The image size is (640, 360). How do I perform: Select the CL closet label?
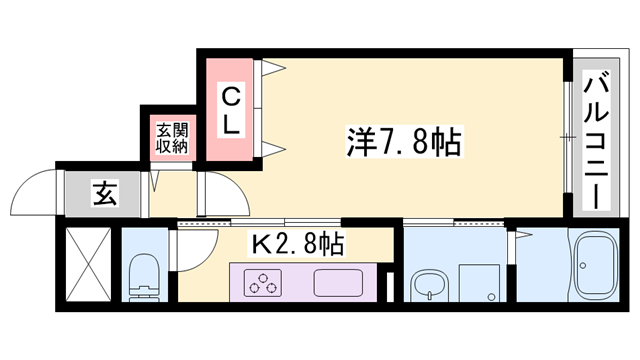click(230, 112)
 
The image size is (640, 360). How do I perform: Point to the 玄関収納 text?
click(170, 137)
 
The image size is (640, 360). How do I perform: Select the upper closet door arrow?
click(273, 70)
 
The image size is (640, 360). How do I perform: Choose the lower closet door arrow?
click(273, 151)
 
